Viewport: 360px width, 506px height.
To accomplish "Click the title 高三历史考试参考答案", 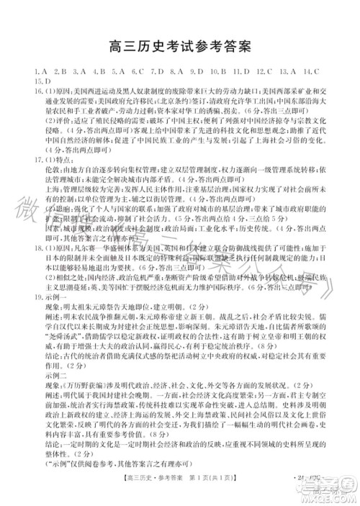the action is (x=179, y=47).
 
